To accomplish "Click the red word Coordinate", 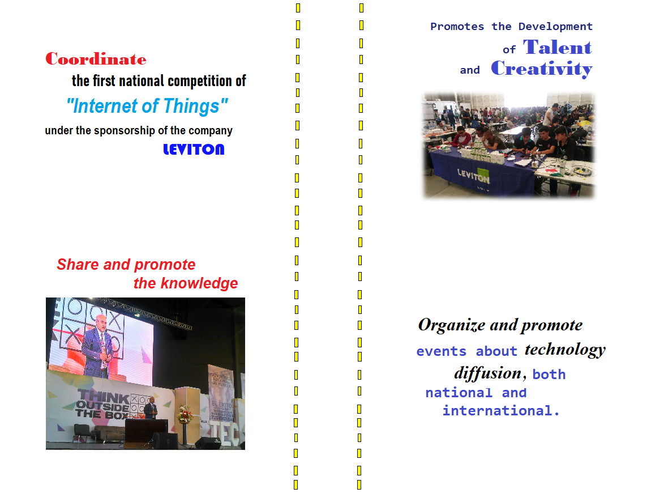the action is pos(96,59).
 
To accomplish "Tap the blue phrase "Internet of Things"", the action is pos(147,106).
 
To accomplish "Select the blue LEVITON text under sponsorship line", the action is pos(194,149).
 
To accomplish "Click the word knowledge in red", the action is pos(199,283).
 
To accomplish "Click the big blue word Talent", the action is pos(557,48).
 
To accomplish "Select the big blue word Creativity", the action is pos(541,69).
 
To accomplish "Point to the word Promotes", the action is pos(457,27).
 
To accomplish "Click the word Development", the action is pos(555,27).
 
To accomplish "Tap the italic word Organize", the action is pos(452,325).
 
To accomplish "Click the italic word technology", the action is pos(565,350).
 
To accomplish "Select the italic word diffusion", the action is pos(488,373).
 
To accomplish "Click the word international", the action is pos(501,411).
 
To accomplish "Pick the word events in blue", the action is pos(442,351).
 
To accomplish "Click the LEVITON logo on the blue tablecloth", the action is pos(473,176).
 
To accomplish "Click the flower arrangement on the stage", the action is pos(185,414).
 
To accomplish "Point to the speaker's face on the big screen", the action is pos(101,322).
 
